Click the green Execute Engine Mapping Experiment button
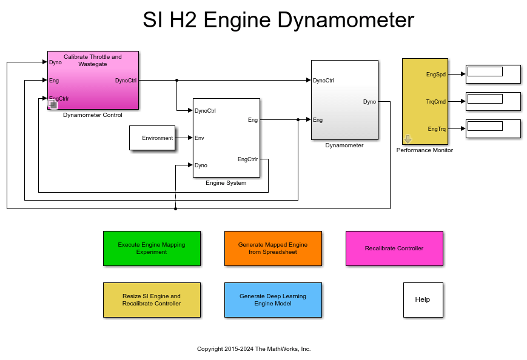[x=152, y=248]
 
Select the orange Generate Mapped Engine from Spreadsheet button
[x=273, y=248]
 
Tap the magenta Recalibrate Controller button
[x=394, y=248]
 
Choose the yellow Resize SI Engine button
[x=152, y=299]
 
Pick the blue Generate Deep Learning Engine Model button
[x=273, y=299]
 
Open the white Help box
[x=423, y=299]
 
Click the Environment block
[x=152, y=138]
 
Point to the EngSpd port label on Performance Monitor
[x=436, y=75]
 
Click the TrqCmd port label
[x=435, y=102]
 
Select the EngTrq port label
[x=437, y=129]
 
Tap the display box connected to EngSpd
[x=492, y=74]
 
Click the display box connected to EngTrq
[x=492, y=128]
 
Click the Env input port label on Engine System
[x=200, y=138]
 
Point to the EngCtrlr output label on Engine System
[x=247, y=159]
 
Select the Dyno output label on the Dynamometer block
[x=369, y=102]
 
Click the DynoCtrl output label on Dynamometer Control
[x=126, y=80]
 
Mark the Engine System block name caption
[x=226, y=182]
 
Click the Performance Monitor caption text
[x=425, y=150]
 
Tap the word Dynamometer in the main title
[x=345, y=21]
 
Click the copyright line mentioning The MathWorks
[x=253, y=349]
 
